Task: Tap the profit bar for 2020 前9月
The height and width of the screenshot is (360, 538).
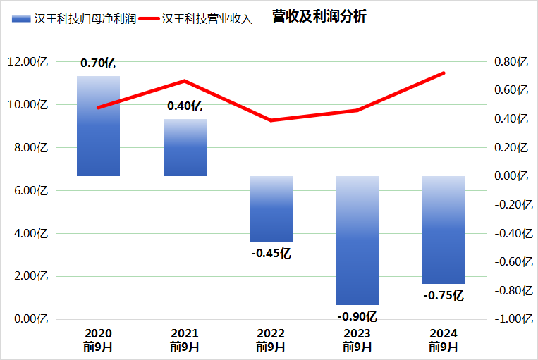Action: pyautogui.click(x=98, y=126)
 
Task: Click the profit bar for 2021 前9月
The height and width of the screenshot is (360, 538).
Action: pyautogui.click(x=185, y=147)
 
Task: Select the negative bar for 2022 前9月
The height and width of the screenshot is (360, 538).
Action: pyautogui.click(x=271, y=209)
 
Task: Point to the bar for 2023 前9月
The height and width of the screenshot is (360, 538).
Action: pyautogui.click(x=357, y=240)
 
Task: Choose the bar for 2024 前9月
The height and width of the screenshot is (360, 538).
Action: pyautogui.click(x=444, y=230)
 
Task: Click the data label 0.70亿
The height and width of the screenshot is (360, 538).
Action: pyautogui.click(x=98, y=63)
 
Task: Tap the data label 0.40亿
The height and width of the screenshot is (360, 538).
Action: pyautogui.click(x=185, y=106)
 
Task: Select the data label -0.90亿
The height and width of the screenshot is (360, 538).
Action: pyautogui.click(x=357, y=316)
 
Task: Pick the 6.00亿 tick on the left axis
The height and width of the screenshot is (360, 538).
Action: pyautogui.click(x=28, y=191)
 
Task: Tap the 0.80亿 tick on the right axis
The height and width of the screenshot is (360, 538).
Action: pyautogui.click(x=511, y=62)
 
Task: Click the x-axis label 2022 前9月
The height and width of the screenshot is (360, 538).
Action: pyautogui.click(x=271, y=340)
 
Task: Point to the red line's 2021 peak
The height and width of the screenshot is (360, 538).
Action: pyautogui.click(x=185, y=80)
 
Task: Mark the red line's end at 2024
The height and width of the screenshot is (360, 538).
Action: pyautogui.click(x=444, y=73)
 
